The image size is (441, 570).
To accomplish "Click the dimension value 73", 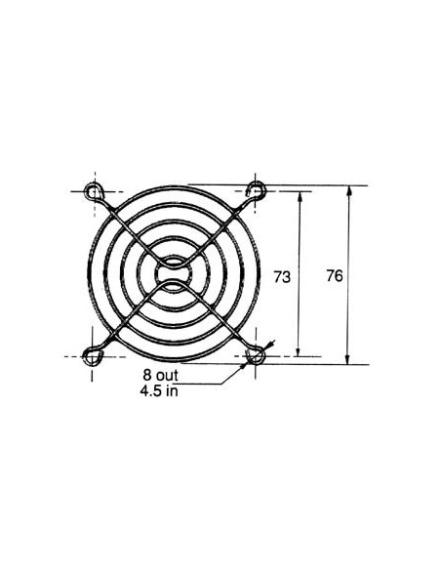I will pyautogui.click(x=282, y=277).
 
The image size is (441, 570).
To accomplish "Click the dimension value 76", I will pyautogui.click(x=334, y=276).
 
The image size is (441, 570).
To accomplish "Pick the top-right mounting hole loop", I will pyautogui.click(x=257, y=189).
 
